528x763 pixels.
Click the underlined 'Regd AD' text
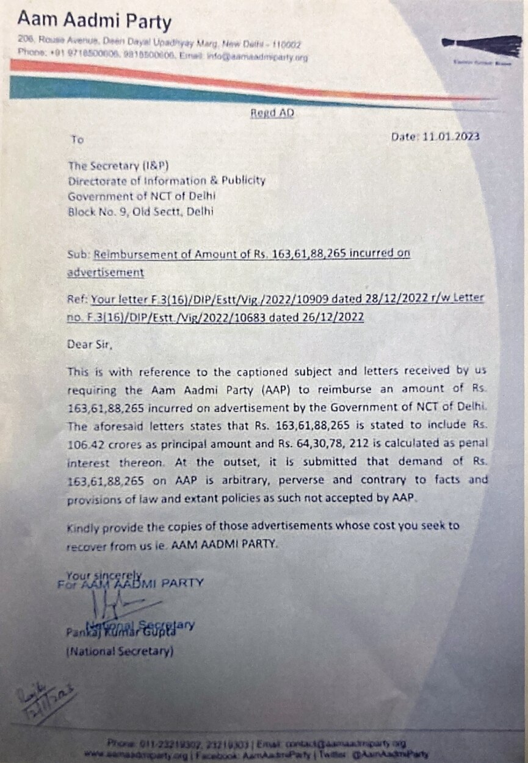tap(272, 113)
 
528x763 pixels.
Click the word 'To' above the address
tap(77, 140)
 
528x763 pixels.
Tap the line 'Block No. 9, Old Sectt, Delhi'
tap(141, 212)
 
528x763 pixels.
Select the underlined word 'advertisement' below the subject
tap(106, 272)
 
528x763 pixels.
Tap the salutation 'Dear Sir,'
tap(90, 344)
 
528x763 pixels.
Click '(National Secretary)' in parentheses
tap(120, 652)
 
